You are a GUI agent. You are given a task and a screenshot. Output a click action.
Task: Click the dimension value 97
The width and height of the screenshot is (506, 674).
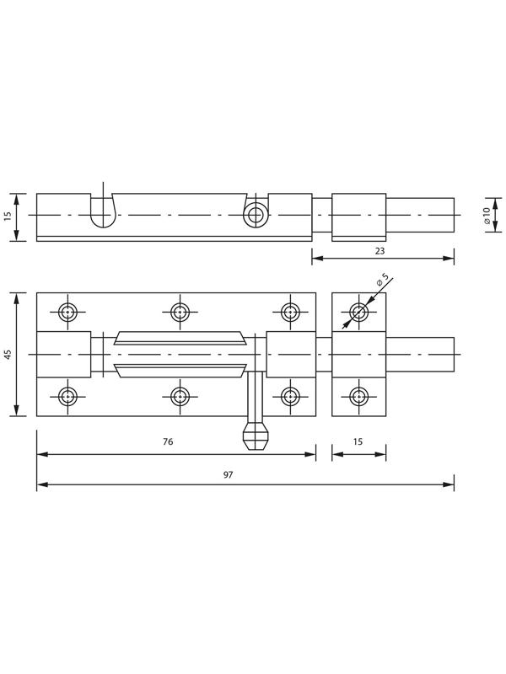228,474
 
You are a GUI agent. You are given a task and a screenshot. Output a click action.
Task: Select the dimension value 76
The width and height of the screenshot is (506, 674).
168,441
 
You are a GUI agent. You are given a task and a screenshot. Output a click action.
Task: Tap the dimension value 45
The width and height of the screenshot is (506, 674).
8,354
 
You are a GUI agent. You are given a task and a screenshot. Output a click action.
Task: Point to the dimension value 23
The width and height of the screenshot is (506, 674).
379,250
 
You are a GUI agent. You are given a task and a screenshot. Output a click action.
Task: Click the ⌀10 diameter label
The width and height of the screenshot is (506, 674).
487,215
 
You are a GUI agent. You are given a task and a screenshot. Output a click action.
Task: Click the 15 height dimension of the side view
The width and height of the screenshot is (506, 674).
8,216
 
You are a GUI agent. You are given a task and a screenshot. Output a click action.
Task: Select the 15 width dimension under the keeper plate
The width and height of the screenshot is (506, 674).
358,441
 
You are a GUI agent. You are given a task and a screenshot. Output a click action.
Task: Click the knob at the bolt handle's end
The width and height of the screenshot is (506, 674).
256,436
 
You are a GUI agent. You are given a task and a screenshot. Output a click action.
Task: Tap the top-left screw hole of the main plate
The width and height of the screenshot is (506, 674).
67,312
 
